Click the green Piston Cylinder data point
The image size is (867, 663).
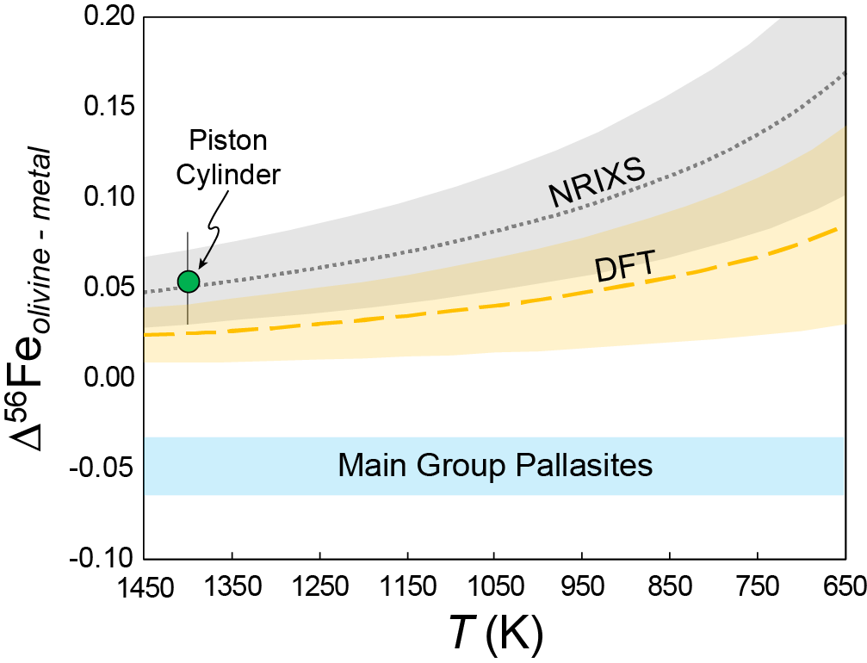188,281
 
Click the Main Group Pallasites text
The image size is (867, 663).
495,466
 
